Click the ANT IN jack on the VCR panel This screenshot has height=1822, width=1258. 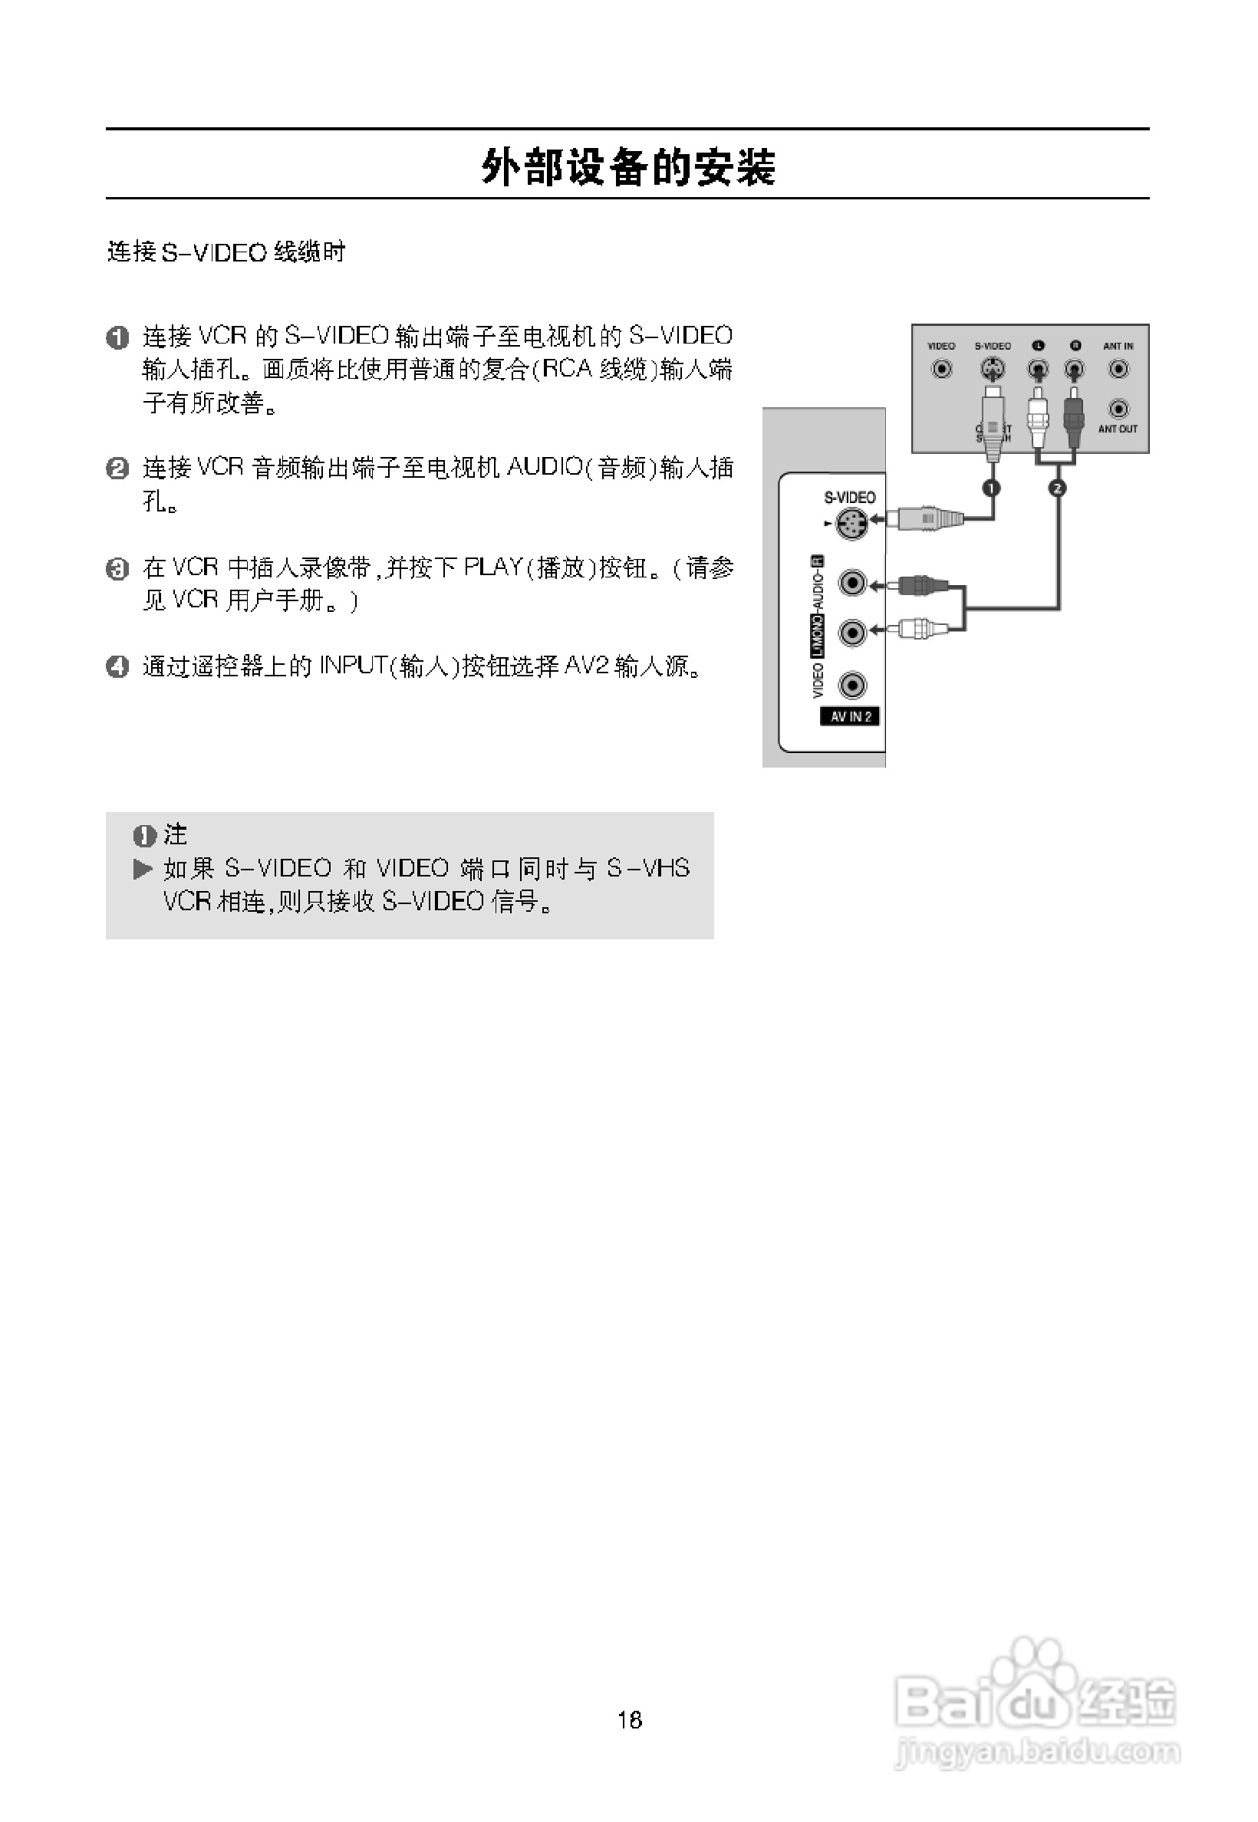point(1118,369)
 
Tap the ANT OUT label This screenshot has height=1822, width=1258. point(1118,429)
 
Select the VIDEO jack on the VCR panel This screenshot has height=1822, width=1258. point(941,369)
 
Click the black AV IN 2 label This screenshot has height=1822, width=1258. point(851,716)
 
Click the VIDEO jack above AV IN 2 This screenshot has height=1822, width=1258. point(852,685)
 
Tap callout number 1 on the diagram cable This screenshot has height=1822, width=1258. point(992,488)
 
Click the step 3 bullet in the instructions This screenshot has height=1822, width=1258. point(117,568)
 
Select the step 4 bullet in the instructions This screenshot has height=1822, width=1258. point(117,666)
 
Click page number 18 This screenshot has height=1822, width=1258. point(630,1720)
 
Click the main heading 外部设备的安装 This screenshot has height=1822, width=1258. point(628,167)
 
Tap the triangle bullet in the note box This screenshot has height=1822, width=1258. point(143,870)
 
